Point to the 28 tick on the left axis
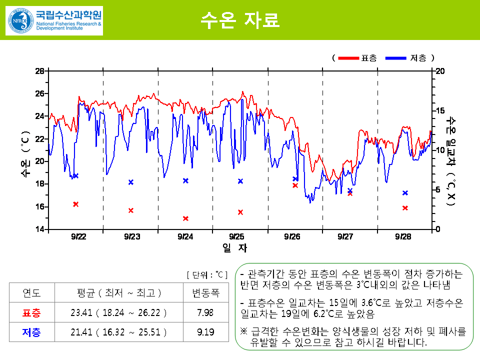click(39, 71)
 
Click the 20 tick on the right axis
click(440, 71)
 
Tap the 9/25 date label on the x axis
click(236, 236)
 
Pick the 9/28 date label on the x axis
click(403, 236)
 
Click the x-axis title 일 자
click(234, 247)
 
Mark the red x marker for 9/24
click(185, 218)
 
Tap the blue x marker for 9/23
click(131, 182)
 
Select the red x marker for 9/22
click(75, 204)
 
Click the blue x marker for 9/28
click(405, 193)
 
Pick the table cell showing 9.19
click(205, 331)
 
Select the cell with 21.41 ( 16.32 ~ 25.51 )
click(118, 331)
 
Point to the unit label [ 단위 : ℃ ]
click(207, 274)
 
